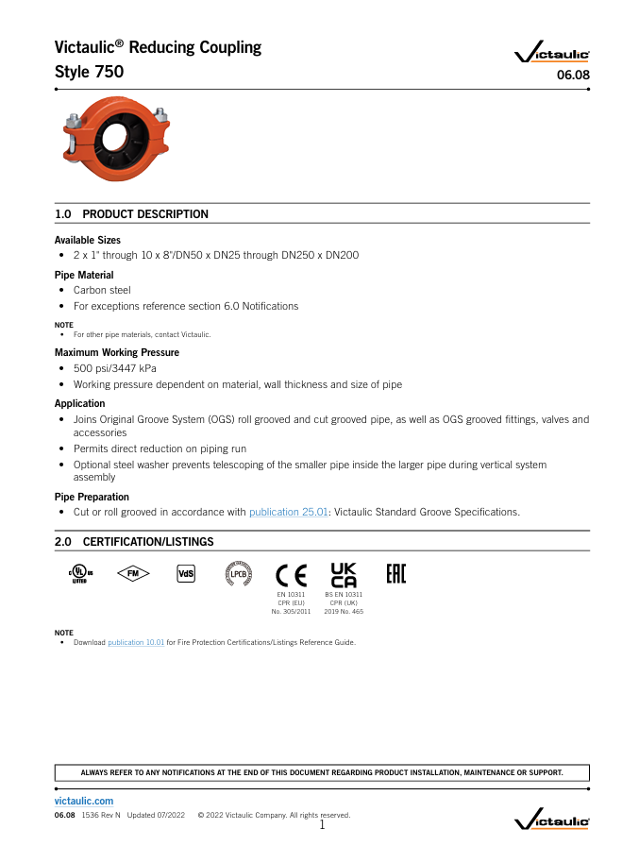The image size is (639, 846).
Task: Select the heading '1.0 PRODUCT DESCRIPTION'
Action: point(132,214)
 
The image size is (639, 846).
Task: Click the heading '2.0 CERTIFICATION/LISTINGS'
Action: point(134,542)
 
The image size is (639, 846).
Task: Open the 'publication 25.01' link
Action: point(289,512)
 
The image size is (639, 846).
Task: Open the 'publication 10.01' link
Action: point(136,643)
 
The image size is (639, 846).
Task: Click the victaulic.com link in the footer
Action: point(84,801)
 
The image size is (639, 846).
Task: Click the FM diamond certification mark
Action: point(133,574)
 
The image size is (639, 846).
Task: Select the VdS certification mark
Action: point(186,574)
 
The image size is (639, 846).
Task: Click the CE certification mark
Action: point(291,574)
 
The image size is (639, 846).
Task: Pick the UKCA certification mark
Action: point(344,574)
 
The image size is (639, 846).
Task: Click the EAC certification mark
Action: point(396,574)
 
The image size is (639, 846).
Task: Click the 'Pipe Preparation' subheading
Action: point(92,497)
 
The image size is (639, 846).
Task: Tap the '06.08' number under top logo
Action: point(574,76)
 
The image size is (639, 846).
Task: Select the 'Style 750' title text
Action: point(89,72)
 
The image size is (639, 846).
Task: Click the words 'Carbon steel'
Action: point(102,290)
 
